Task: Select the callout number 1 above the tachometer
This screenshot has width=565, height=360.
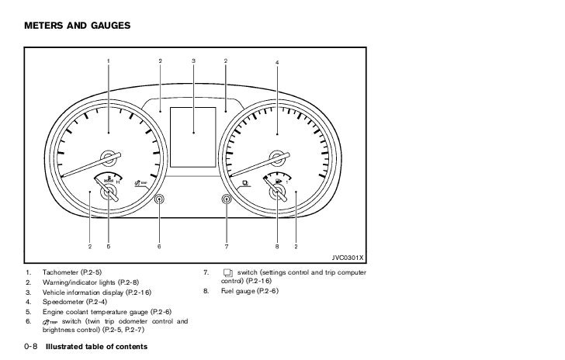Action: pos(109,61)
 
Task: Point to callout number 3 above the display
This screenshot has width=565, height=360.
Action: pos(192,61)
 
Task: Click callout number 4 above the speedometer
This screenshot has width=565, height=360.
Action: pos(277,61)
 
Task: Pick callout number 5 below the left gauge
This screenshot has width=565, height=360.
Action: pos(108,247)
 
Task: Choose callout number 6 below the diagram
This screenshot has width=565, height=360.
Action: pos(159,247)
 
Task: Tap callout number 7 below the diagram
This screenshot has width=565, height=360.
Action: pos(227,247)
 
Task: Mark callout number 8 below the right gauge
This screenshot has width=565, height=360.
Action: pos(277,247)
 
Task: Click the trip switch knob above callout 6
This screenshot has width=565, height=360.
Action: pos(159,200)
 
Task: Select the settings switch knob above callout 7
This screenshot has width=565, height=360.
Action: pos(227,200)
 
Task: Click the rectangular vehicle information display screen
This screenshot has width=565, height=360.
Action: pos(192,134)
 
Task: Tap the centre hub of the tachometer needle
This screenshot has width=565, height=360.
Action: pos(109,156)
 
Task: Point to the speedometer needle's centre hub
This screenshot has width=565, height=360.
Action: pos(277,156)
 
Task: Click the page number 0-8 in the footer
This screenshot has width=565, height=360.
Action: pos(30,345)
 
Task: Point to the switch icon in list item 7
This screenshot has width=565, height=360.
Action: pos(227,273)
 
